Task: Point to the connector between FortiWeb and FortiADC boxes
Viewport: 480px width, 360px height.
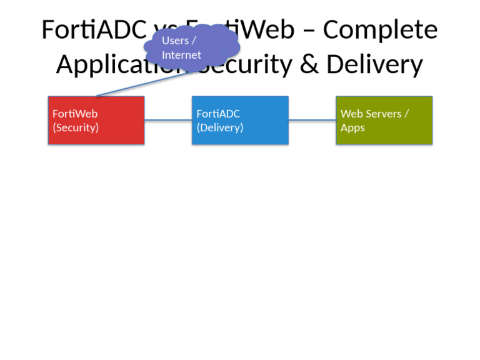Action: point(168,121)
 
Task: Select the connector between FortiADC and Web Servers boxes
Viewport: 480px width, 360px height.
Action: point(312,121)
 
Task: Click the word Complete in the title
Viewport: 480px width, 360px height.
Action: point(380,30)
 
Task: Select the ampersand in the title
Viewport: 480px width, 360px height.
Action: point(309,64)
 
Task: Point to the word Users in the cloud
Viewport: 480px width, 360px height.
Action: point(175,41)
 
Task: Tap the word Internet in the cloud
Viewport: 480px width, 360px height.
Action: point(181,55)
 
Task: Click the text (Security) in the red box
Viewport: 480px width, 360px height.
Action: point(76,127)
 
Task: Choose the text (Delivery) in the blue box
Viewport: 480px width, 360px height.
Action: point(219,127)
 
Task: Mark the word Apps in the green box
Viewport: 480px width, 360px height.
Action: point(352,127)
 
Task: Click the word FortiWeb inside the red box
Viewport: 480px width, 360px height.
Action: point(75,114)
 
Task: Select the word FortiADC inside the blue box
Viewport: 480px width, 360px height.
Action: point(218,114)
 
